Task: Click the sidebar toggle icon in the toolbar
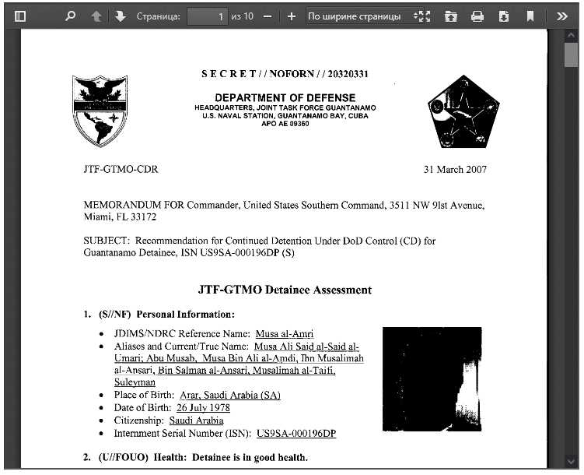(20, 16)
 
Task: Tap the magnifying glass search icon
(71, 16)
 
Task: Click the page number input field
(208, 16)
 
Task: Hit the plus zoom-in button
(292, 16)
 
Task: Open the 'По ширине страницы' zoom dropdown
(360, 16)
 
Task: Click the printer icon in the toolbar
(477, 16)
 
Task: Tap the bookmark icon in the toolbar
(530, 16)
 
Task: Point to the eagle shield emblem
(100, 111)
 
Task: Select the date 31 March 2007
(455, 170)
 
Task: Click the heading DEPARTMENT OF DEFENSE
(285, 97)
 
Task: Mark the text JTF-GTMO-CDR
(121, 170)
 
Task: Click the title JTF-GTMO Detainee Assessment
(285, 290)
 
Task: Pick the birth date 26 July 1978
(203, 408)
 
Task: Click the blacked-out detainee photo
(432, 379)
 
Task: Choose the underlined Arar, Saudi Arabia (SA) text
(229, 396)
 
